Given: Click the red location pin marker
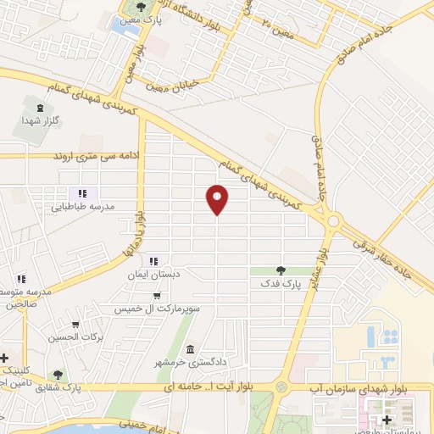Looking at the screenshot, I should [217, 199].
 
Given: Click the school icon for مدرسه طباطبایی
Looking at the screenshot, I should [83, 193].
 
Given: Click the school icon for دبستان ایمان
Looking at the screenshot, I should [154, 261].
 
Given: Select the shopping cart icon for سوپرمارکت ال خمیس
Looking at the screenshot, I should [158, 296].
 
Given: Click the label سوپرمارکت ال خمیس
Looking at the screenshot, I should [158, 309].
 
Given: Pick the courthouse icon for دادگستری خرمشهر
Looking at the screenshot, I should [190, 349].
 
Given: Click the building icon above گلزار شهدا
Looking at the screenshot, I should [39, 108].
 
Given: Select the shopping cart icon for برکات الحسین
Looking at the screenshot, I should [75, 325].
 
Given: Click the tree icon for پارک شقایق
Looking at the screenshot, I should [58, 374].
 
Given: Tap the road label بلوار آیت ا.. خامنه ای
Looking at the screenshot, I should [219, 387].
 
